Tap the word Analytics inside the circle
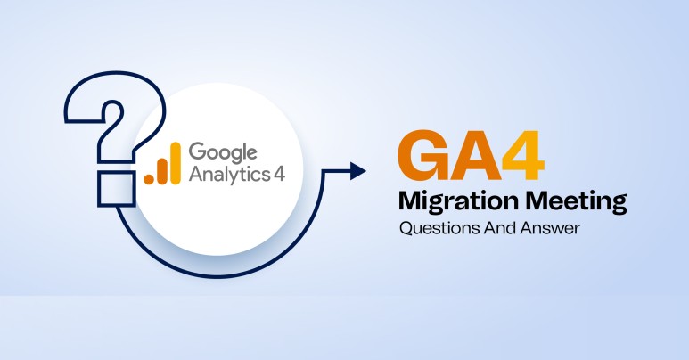(x=227, y=171)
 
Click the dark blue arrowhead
(x=357, y=171)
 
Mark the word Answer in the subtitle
(x=549, y=229)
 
